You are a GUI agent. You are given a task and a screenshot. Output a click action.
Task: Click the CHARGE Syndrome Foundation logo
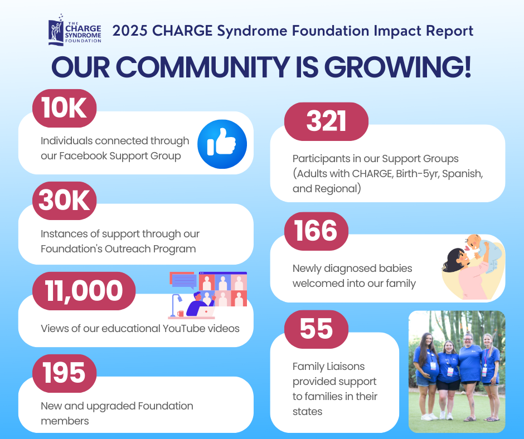pos(75,30)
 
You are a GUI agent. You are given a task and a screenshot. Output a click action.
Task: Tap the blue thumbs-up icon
pos(222,144)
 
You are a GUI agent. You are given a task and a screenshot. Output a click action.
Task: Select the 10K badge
pos(65,108)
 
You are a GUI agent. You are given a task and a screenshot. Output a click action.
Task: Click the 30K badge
pos(65,201)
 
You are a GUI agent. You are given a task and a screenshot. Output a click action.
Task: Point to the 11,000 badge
pos(84,291)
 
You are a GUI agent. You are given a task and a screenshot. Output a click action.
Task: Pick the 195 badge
pos(65,373)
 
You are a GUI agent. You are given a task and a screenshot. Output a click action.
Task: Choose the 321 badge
pos(326,121)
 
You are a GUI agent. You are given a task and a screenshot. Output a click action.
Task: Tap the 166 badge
pos(316,231)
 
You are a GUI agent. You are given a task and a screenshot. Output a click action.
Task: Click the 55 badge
pos(316,329)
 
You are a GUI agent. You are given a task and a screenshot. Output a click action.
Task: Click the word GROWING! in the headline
pos(397,67)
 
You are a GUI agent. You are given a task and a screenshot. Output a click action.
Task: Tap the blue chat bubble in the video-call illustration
pos(184,281)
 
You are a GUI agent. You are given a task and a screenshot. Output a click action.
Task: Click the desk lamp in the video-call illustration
pos(175,305)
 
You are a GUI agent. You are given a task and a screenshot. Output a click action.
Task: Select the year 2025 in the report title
pos(130,31)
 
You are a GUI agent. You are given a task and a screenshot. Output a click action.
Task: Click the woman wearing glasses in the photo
pos(469,376)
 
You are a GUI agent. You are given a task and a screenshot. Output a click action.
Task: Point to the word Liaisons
pos(346,367)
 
